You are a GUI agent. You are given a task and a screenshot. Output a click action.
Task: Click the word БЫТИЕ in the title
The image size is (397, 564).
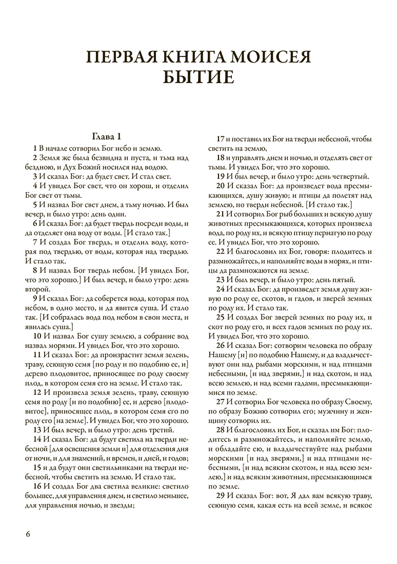[x=198, y=77]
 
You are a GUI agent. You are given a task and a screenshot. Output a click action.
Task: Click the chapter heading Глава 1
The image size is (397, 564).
[x=107, y=137]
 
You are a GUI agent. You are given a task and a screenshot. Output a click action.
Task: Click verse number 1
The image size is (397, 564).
[x=34, y=148]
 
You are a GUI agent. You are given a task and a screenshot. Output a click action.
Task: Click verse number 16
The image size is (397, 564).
[x=37, y=486]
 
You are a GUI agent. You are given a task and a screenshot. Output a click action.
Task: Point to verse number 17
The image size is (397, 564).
[x=221, y=139]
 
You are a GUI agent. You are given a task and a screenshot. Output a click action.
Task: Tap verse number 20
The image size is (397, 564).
[x=221, y=186]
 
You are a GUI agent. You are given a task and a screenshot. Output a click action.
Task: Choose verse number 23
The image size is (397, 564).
[x=221, y=279]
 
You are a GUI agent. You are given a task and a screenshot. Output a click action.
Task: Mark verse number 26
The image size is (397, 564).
[x=221, y=345]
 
